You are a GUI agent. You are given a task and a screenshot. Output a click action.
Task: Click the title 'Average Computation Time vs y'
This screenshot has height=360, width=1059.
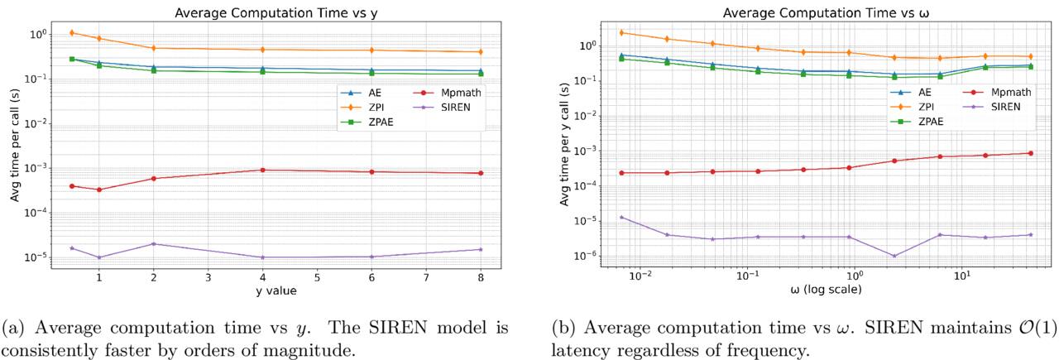pos(276,12)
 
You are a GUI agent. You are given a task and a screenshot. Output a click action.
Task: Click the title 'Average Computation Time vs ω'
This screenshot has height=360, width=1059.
pos(826,12)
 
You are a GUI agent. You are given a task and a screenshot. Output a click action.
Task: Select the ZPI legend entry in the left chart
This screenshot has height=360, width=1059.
pos(367,108)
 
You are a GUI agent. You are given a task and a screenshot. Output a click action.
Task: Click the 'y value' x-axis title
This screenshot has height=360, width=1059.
pos(276,290)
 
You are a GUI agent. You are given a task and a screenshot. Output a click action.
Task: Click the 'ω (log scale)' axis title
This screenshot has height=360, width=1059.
pos(826,289)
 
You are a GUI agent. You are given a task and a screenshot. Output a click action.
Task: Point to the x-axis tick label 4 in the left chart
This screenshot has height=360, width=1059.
pos(263,278)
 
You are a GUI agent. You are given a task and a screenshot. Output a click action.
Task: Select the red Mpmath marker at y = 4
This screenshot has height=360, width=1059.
pos(263,170)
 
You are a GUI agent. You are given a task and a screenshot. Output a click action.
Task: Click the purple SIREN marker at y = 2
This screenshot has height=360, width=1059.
pos(154,243)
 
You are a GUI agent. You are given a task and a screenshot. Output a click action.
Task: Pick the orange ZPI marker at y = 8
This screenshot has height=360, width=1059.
pos(481,51)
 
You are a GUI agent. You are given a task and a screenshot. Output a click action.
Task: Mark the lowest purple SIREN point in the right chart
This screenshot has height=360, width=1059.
pos(894,256)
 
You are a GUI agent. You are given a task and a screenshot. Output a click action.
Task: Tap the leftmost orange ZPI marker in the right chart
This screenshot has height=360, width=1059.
pos(621,32)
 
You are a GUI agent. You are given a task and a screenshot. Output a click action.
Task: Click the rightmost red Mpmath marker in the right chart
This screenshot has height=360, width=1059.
pos(1031,153)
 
